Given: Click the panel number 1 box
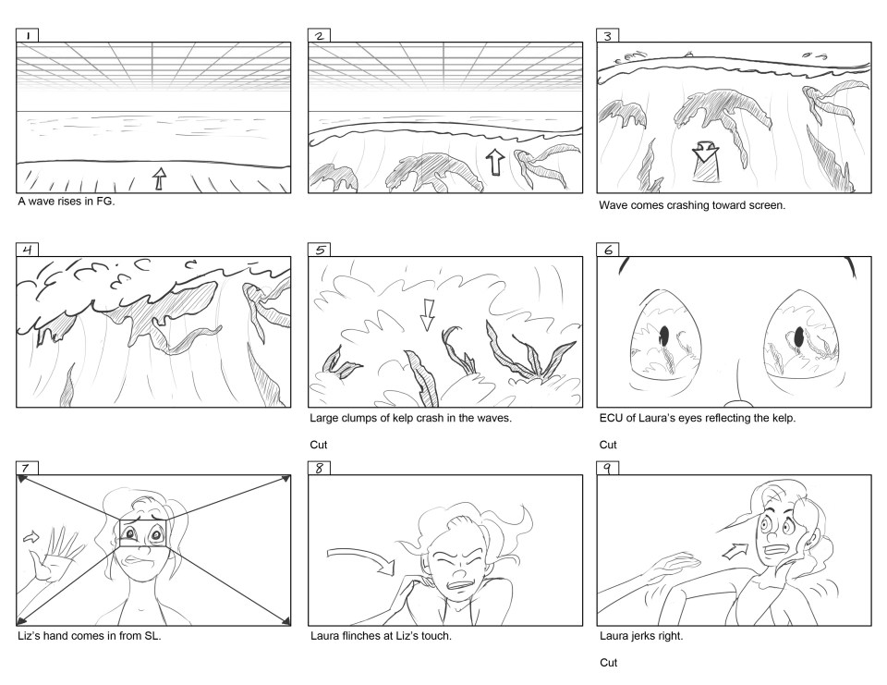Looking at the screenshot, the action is (x=27, y=36).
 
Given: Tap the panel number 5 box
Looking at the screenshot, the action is (x=319, y=250).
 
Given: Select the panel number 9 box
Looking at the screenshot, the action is (x=608, y=468).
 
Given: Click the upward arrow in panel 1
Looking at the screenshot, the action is (x=160, y=178).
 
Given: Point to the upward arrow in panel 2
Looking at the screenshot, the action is (x=495, y=162).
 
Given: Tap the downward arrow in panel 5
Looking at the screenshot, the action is (x=427, y=315).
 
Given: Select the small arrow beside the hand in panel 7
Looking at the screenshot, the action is (x=31, y=536).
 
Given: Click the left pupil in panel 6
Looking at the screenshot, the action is (x=664, y=335).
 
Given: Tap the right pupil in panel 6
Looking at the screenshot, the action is (x=799, y=337).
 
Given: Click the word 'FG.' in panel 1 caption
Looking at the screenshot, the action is (x=105, y=201).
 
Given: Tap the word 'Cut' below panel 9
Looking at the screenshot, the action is (x=609, y=663).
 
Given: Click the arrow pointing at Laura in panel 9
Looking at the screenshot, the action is (x=735, y=551).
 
